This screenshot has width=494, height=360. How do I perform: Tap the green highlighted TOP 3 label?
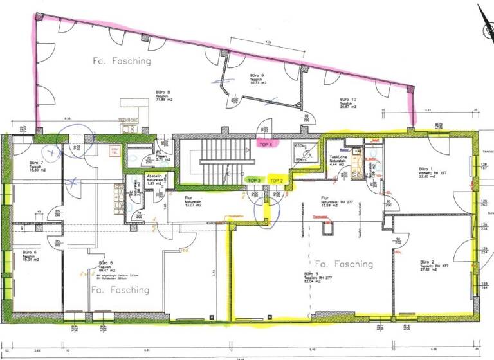coord(254,180)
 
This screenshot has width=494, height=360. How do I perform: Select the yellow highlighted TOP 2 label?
coord(277,180)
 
